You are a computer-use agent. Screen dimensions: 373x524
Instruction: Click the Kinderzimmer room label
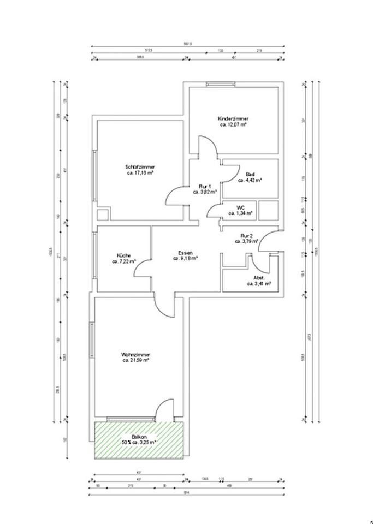coord(233,118)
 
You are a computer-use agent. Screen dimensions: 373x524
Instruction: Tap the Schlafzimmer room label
coord(139,166)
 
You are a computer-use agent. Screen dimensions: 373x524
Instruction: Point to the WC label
coord(240,207)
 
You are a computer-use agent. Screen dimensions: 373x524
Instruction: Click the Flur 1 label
coord(205,186)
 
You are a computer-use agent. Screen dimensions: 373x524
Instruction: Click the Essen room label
coord(185,252)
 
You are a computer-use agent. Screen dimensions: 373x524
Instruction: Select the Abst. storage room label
coord(252,277)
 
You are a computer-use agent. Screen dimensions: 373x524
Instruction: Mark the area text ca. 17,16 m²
coord(139,173)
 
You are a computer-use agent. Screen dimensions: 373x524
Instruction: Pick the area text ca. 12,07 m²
coord(233,124)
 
